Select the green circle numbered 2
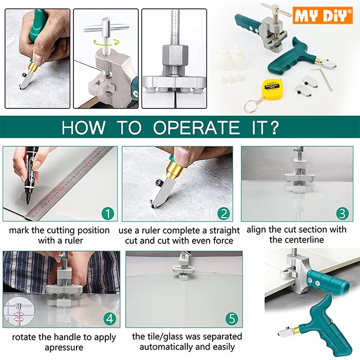pyautogui.click(x=224, y=213)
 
